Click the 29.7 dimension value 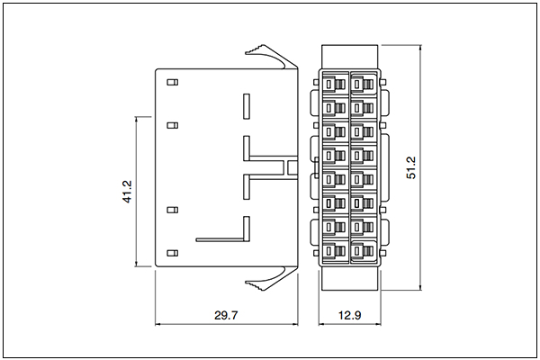226,315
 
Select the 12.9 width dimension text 349,315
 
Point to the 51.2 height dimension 411,167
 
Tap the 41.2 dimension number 127,192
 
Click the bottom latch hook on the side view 272,278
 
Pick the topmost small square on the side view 173,82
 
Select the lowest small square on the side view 173,253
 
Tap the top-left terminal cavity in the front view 335,84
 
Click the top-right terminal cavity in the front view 364,84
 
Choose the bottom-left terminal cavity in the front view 335,251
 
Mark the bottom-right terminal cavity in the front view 364,251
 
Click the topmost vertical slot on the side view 247,106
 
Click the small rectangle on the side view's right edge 292,167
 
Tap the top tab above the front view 349,57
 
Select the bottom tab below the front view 349,279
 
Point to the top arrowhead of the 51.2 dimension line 420,49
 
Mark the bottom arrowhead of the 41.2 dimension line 137,263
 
